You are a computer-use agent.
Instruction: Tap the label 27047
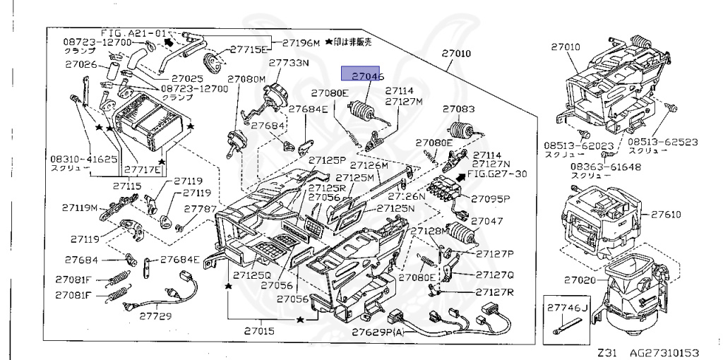[x=487, y=221]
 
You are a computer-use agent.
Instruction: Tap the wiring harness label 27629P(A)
[x=378, y=332]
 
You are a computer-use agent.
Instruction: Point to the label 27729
[x=155, y=316]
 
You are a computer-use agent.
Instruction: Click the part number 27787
[x=200, y=209]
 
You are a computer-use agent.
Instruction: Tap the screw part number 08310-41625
[x=83, y=160]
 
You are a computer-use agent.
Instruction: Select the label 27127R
[x=494, y=292]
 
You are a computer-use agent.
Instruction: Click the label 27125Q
[x=253, y=275]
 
